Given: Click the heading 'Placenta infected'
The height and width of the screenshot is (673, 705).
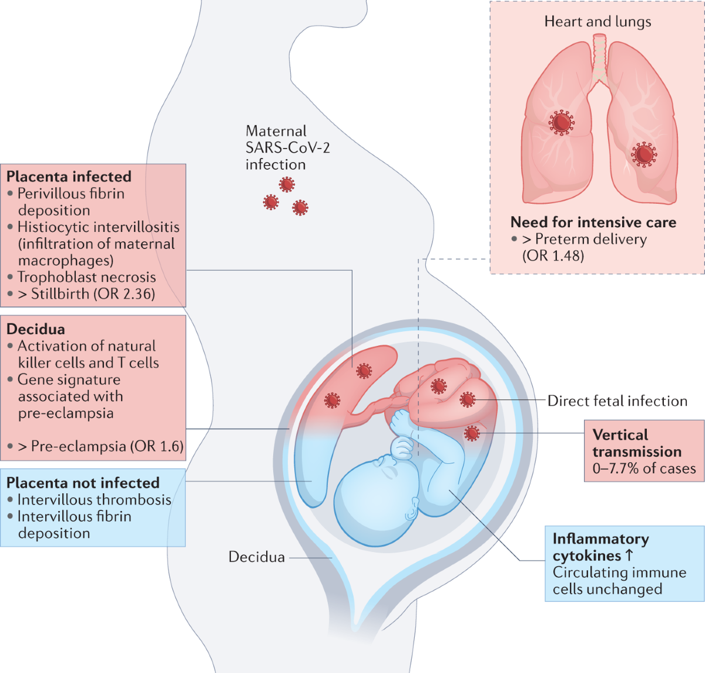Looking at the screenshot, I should (69, 177).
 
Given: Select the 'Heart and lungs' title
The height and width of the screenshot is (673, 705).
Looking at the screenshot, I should (597, 22).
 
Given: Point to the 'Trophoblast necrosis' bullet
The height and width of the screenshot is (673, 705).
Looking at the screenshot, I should (86, 277).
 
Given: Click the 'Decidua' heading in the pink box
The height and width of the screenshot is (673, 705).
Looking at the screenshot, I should (36, 329).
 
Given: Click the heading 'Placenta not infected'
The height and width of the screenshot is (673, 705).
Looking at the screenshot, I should (83, 483).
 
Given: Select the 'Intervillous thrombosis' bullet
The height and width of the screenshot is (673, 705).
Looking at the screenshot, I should (94, 500).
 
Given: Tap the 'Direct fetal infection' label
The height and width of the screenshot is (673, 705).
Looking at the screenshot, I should (617, 401).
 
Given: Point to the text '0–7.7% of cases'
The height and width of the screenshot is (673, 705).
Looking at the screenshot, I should (644, 469).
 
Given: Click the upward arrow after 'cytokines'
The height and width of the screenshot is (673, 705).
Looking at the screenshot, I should (629, 556).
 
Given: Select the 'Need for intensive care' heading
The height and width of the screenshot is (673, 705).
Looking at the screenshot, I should (593, 223).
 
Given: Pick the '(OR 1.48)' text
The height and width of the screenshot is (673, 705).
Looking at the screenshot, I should (553, 256).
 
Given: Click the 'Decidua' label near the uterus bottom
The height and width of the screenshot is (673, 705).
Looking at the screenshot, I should (257, 557).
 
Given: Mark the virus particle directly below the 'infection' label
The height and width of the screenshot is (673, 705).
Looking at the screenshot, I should (287, 185).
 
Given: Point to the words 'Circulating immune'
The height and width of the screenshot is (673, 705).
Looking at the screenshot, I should (619, 573).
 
